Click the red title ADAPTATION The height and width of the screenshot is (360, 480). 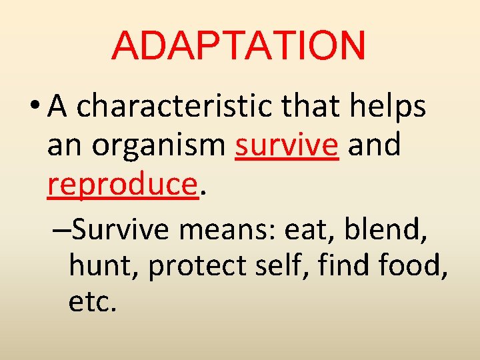239,45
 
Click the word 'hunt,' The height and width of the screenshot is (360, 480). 104,267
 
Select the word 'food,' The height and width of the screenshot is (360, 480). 417,267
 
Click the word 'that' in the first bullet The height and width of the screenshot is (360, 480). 317,107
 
